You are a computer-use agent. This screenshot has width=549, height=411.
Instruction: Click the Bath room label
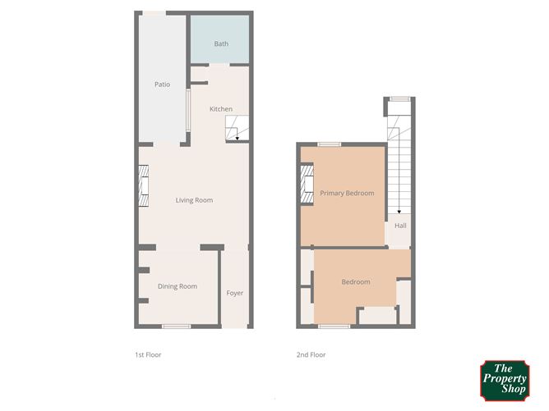pos(221,43)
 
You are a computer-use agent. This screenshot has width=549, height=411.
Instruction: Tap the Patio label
pos(162,84)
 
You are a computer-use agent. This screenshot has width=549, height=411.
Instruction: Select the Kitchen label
pos(220,109)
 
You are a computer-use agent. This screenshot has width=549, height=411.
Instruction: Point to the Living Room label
pos(194,200)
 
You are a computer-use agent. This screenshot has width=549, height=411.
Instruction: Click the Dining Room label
pos(178,286)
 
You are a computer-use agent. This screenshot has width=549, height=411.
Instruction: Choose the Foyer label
pos(235,293)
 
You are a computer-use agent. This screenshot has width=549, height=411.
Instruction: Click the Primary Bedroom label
pos(347,194)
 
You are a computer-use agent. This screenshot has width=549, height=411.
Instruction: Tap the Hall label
pos(400,226)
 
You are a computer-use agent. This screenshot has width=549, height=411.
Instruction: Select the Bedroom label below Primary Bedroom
pos(356,282)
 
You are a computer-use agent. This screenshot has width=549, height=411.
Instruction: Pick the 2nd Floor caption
pos(311,355)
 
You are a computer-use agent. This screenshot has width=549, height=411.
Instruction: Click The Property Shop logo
pos(504,379)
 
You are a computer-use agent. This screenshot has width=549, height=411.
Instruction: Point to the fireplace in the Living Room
pos(144,187)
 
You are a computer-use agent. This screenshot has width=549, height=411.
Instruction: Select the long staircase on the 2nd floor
pos(399,164)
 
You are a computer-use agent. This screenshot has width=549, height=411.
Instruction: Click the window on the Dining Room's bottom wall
pos(171,327)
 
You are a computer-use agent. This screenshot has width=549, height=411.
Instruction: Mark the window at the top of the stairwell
pos(399,99)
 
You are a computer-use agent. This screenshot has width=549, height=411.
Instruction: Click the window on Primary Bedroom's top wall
pos(330,144)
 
